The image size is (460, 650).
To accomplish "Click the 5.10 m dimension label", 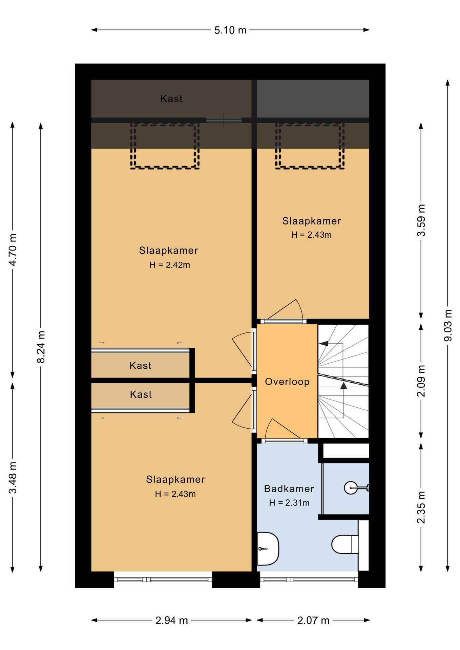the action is coord(230,30).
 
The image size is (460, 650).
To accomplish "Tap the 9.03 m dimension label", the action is coord(448,325).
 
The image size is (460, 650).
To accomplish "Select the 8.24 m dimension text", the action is coord(41,347).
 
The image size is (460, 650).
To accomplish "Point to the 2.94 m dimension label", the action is coord(171,621).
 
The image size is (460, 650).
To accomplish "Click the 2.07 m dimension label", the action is coord(313,621).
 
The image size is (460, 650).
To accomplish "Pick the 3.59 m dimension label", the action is coord(421,220).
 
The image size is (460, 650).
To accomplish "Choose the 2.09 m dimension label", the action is coord(421,381).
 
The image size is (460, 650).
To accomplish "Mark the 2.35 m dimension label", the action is coord(421,507).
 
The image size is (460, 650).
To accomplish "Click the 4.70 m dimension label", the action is coord(13,250).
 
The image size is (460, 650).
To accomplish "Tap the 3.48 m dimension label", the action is coord(13,478).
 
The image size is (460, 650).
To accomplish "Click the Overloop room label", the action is coord(287,382).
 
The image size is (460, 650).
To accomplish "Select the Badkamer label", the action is coord(289,489).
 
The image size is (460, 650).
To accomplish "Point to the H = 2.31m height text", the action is coord(289,503).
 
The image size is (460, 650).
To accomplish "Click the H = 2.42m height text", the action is coord(170,265).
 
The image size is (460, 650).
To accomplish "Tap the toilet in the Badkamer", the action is coord(345,544).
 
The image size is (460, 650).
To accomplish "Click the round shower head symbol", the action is coord(351,488).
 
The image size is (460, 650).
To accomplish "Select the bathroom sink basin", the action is coord(268,549).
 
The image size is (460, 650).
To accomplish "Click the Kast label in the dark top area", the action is coord(171,99).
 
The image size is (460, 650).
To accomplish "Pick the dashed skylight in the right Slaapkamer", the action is coord(310,146).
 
